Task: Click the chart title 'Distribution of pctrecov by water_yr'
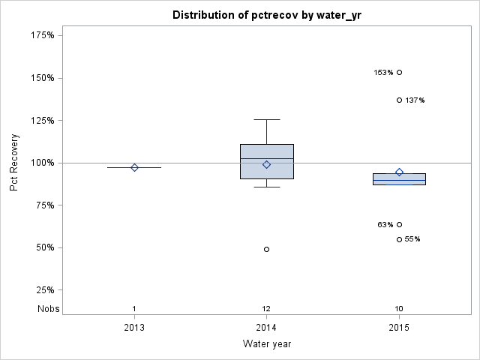(266, 15)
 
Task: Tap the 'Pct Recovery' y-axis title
(14, 162)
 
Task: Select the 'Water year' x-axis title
(266, 344)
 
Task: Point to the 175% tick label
(43, 35)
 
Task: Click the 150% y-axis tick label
(43, 78)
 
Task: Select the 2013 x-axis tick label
(134, 328)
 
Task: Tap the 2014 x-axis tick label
(266, 328)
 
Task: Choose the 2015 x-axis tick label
(399, 328)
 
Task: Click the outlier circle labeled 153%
(399, 73)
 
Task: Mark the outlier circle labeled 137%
(399, 100)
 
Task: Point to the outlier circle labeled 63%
(399, 224)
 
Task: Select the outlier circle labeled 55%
(399, 239)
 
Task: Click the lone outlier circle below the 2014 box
(266, 249)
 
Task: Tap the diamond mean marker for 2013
(134, 167)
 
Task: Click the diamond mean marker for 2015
(399, 172)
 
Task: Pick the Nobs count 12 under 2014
(266, 309)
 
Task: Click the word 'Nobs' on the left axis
(47, 309)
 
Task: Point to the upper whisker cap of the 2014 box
(266, 119)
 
